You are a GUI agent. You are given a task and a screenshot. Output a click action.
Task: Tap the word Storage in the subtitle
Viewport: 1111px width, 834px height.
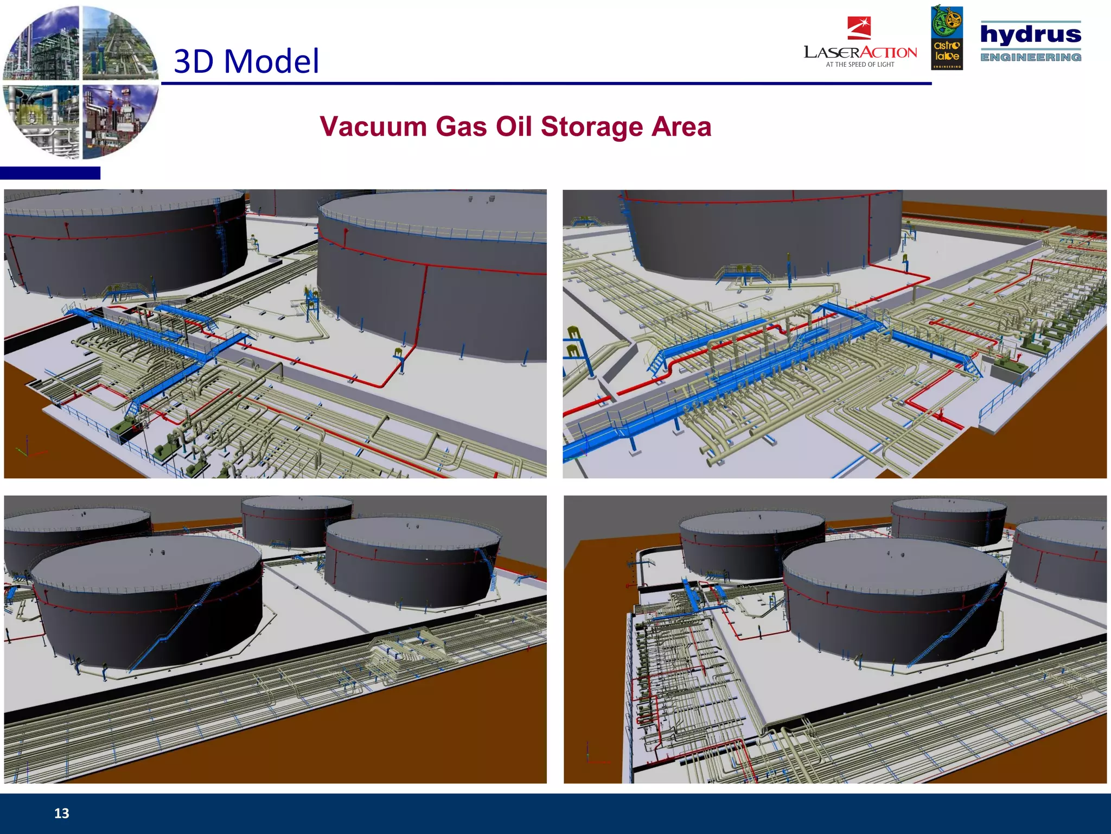coord(591,127)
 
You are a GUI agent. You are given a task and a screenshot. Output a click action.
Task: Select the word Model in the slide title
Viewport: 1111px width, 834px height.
coord(271,61)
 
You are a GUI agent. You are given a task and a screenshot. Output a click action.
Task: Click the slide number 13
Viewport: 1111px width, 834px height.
coord(61,813)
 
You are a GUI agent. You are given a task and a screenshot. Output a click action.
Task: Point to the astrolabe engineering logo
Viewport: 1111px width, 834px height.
coord(947,38)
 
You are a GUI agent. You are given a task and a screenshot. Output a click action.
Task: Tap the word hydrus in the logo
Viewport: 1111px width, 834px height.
coord(1031,34)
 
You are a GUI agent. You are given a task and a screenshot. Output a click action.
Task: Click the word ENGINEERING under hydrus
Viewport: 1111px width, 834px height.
coord(1031,57)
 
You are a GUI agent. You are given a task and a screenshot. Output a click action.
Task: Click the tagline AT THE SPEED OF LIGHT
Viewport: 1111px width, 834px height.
coord(860,65)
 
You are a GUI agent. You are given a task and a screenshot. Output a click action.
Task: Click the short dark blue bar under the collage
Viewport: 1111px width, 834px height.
coord(50,173)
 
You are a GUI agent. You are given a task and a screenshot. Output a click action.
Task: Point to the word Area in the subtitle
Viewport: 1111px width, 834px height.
coord(681,127)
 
